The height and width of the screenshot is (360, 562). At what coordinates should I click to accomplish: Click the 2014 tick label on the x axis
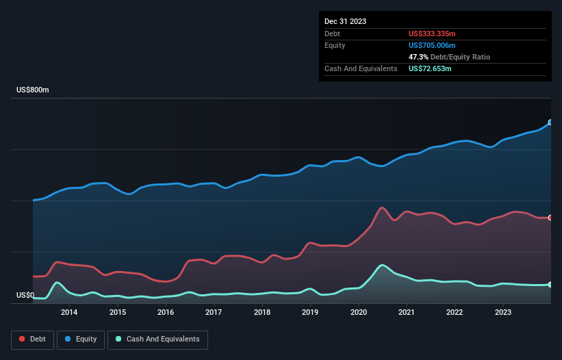68,313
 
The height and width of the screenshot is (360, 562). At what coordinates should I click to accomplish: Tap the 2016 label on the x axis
165,313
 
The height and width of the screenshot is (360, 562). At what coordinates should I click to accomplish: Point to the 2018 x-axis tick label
261,313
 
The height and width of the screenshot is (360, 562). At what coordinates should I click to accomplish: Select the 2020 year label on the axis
358,313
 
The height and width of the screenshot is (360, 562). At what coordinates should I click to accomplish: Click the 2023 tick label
503,313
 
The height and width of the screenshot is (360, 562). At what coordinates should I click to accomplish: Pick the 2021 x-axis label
407,313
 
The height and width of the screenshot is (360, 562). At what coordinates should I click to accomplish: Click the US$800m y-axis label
33,90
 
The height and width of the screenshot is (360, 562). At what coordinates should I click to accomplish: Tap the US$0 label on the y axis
25,296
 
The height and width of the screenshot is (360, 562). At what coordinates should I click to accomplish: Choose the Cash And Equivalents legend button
157,339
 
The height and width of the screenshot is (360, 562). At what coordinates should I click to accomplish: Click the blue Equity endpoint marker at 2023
550,123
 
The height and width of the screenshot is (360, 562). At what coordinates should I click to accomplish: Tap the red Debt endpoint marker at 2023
550,218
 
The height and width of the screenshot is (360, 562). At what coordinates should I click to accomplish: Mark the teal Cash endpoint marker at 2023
550,284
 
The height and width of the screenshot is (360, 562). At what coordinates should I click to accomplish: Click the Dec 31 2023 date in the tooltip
345,21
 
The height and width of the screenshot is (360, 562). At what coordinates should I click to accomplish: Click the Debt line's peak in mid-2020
382,207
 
